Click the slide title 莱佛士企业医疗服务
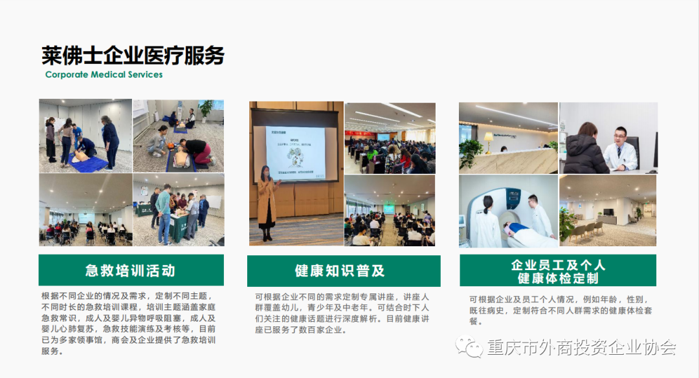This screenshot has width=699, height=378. tap(133, 56)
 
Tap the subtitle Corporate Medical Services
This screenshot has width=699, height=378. tap(104, 74)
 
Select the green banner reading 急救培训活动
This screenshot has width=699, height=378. tap(131, 270)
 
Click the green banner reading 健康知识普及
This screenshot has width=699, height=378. tap(344, 271)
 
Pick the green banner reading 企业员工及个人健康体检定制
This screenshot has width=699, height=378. tap(558, 270)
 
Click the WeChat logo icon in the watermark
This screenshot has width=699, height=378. tap(469, 346)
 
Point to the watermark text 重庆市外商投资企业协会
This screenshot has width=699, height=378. tap(581, 347)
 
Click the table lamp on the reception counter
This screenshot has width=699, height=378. tap(489, 142)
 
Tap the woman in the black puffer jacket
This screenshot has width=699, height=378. tap(584, 149)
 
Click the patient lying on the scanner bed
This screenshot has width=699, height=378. tap(528, 235)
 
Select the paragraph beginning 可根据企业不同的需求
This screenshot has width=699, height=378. tap(342, 313)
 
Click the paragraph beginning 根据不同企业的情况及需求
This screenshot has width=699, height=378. tap(129, 323)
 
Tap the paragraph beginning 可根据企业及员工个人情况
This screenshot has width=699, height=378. tap(560, 310)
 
